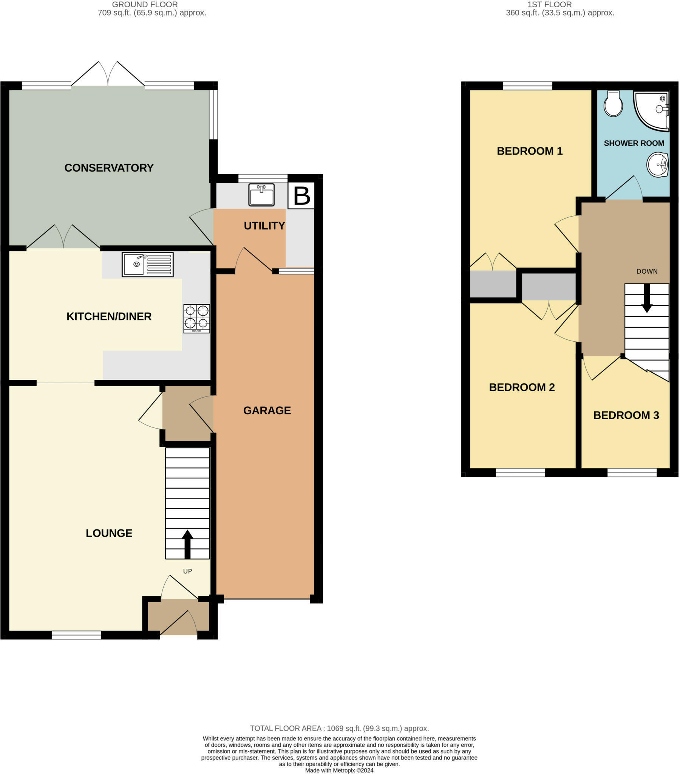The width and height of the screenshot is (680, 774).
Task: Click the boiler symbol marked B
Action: click(301, 195)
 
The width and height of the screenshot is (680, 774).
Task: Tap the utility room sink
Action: click(261, 195)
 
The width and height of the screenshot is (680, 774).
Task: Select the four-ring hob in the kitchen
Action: click(196, 319)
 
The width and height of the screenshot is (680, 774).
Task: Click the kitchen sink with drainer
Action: click(148, 265)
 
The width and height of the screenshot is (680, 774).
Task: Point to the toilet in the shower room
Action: click(613, 104)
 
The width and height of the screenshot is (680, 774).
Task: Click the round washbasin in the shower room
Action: click(657, 165)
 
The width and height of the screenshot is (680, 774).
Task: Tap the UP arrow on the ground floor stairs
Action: click(187, 544)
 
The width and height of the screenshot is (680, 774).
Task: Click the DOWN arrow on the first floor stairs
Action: click(647, 298)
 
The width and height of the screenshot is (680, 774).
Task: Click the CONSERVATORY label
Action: click(109, 168)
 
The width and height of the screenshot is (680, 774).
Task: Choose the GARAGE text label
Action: click(267, 410)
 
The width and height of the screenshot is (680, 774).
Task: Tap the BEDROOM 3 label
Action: click(626, 415)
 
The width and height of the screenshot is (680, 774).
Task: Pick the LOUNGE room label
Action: click(109, 533)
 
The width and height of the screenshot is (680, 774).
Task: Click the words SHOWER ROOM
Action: click(634, 143)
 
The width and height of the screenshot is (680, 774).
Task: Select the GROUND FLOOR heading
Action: click(145, 5)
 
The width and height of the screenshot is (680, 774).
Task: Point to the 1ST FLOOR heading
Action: click(549, 5)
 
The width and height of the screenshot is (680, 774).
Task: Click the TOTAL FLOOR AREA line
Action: click(339, 728)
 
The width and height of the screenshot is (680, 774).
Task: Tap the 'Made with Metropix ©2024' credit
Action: click(339, 770)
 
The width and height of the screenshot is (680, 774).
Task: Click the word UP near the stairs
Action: click(187, 571)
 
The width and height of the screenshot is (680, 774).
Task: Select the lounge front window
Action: click(76, 635)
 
